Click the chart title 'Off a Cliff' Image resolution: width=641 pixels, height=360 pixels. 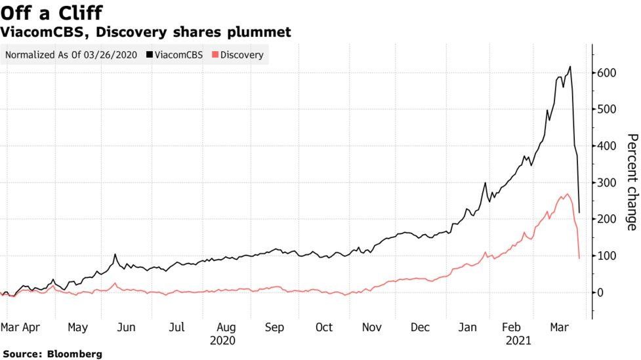tap(51, 12)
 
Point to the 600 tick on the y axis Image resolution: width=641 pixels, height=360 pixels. tap(606, 73)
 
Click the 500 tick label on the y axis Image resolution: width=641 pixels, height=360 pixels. tap(606, 110)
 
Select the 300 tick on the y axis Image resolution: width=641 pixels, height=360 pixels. tap(606, 183)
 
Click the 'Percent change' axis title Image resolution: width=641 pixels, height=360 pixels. tap(631, 182)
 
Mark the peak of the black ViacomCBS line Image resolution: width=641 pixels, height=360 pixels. tap(569, 66)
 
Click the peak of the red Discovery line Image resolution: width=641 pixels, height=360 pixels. tap(567, 194)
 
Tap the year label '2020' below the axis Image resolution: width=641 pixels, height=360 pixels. tap(222, 341)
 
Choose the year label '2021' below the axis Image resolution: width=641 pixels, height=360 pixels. tap(518, 341)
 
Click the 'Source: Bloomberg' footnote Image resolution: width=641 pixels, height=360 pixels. tap(52, 354)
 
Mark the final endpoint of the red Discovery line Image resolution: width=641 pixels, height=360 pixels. tap(579, 258)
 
